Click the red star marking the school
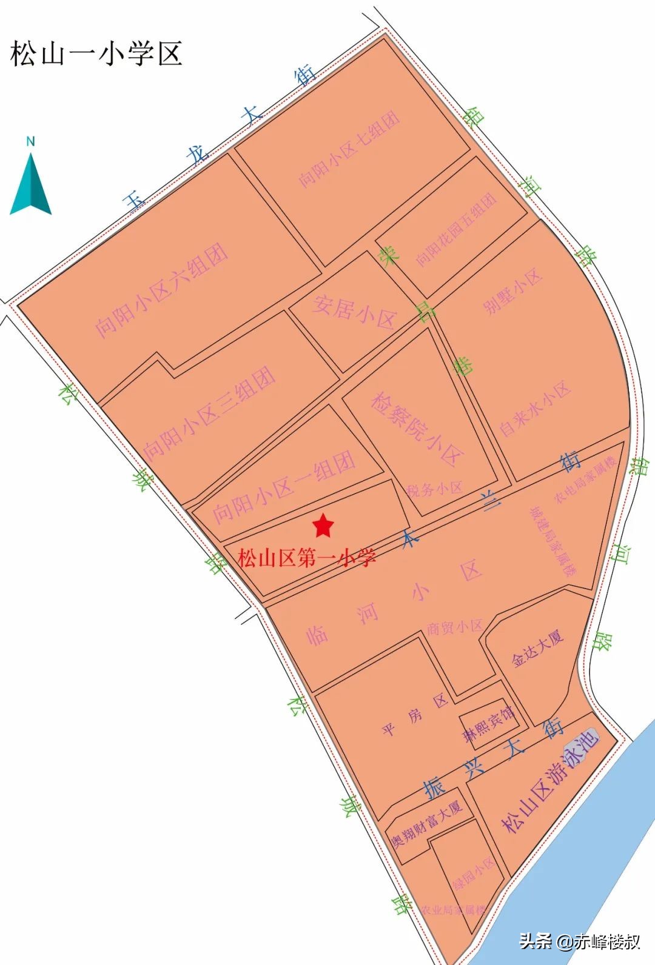click(323, 526)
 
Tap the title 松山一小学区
click(96, 53)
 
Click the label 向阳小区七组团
click(349, 149)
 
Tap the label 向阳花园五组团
click(456, 230)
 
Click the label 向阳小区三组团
click(209, 412)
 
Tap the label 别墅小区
click(512, 292)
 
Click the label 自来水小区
click(534, 409)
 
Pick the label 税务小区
click(434, 489)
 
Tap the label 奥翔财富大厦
click(426, 823)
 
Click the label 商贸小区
click(454, 627)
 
